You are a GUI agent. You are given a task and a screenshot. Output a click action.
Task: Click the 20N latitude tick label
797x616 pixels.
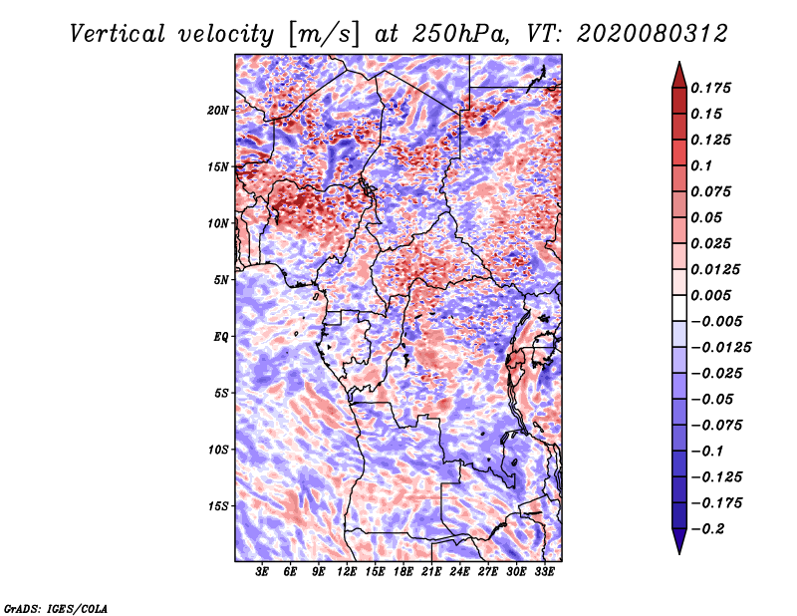coord(217,110)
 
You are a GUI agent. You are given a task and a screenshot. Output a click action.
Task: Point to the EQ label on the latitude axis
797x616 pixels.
coord(221,337)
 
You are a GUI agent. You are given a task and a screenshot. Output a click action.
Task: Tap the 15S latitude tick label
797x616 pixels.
coord(217,506)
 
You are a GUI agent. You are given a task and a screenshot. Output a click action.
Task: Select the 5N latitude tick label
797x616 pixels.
coord(220,280)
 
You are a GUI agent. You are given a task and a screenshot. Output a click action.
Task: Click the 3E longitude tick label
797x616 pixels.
coord(262,571)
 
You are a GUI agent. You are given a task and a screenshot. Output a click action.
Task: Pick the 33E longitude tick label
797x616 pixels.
coord(544,571)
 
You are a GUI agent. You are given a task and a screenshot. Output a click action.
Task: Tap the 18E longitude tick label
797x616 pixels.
coord(403,571)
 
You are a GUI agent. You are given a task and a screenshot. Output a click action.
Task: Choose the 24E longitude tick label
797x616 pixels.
coord(459,571)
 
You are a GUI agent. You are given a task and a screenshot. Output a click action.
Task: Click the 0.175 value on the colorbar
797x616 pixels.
coord(710,88)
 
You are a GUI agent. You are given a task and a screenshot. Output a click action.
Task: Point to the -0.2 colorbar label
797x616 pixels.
coord(707,529)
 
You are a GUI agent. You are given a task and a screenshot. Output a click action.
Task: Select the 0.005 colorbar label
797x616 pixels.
coord(710,295)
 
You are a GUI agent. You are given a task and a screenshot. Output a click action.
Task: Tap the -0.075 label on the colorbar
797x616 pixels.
coord(716,426)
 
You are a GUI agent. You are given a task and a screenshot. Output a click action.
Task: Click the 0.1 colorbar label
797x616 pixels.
coord(701,165)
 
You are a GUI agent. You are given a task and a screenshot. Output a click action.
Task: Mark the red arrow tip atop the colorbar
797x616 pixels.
coord(679,62)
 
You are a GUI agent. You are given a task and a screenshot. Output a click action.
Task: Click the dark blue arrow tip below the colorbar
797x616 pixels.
coord(679,553)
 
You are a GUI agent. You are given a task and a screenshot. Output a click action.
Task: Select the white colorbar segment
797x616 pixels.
coord(679,308)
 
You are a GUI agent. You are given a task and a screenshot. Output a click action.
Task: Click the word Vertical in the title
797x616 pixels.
coord(118,34)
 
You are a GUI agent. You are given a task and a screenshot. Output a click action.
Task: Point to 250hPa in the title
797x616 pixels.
coord(460,34)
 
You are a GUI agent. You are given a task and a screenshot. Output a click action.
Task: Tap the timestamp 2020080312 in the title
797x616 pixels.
coord(653,34)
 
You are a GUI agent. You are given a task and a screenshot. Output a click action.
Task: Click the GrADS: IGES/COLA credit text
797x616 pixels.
coord(56,608)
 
